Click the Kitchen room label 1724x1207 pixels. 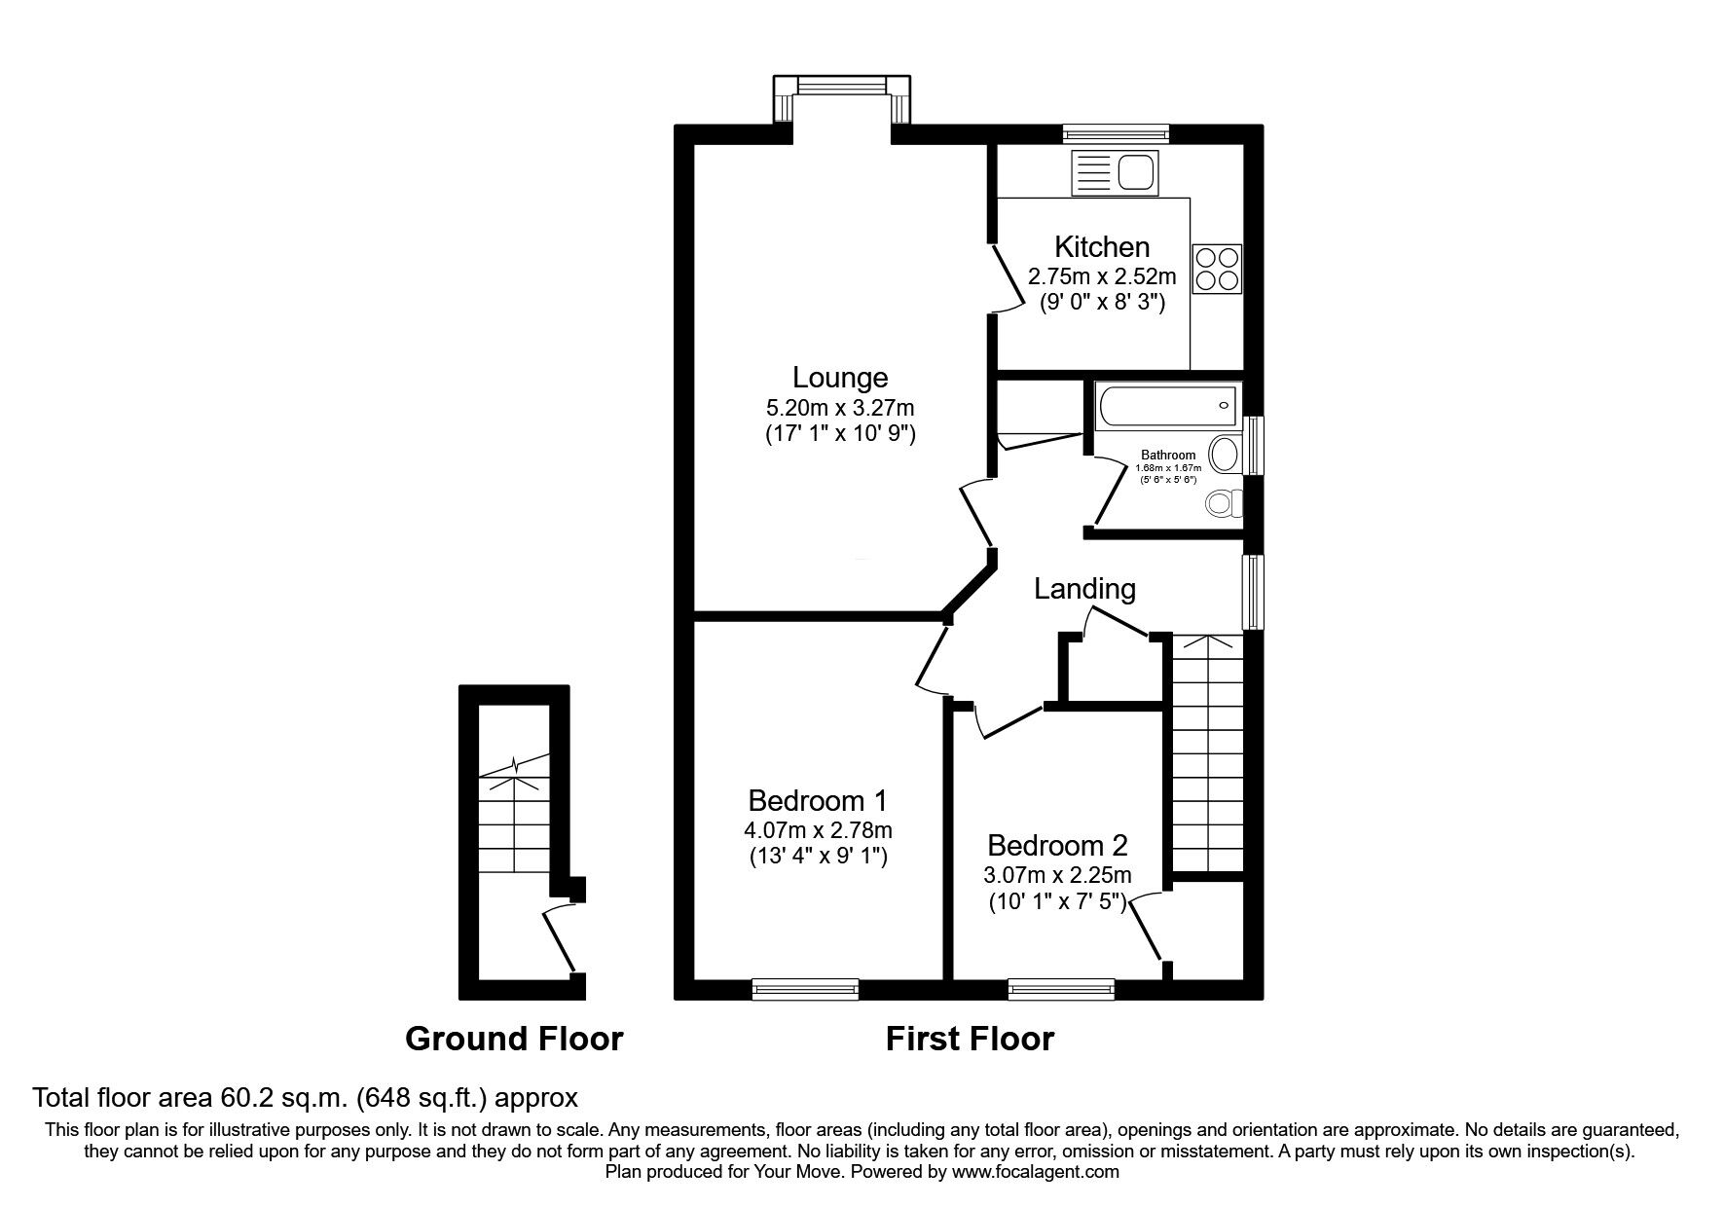pos(1102,247)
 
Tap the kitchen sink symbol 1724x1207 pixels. pos(1116,173)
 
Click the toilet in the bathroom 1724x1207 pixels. pos(1223,503)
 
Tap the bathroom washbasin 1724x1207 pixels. pos(1226,454)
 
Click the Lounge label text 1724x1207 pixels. pos(840,378)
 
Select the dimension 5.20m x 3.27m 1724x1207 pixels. pos(840,407)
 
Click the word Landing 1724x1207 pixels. pos(1084,589)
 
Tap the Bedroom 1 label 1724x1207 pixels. pos(818,801)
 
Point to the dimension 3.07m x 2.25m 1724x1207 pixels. pos(1057,875)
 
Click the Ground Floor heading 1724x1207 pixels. pos(514,1039)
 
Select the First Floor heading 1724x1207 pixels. pos(970,1039)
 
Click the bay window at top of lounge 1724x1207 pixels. pos(842,87)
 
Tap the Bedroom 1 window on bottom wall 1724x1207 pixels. pos(805,990)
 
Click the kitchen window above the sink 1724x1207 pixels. pos(1116,133)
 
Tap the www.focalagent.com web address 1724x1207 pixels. pos(1036,1172)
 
